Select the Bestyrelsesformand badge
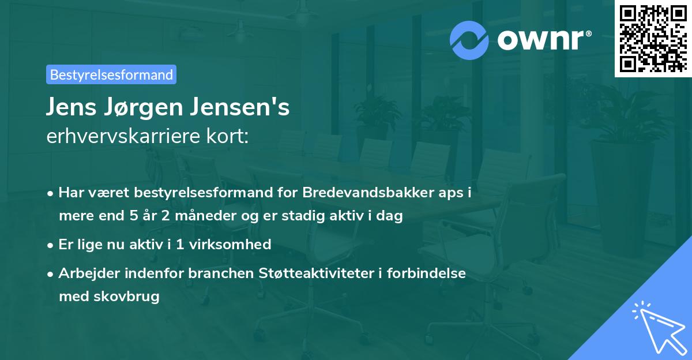click(x=111, y=74)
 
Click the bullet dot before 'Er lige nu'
click(x=51, y=245)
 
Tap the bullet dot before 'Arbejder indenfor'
click(x=51, y=273)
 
